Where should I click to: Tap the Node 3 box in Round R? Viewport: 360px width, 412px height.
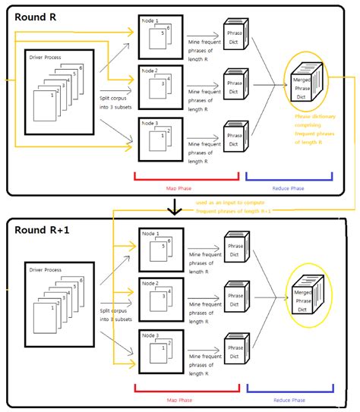[x=160, y=137]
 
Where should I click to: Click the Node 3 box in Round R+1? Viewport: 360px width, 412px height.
[x=160, y=350]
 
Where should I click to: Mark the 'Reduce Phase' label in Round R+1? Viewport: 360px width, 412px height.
[x=289, y=399]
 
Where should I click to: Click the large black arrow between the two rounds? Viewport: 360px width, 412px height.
[x=175, y=206]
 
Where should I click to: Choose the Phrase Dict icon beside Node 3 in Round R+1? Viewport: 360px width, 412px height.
[x=235, y=354]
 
